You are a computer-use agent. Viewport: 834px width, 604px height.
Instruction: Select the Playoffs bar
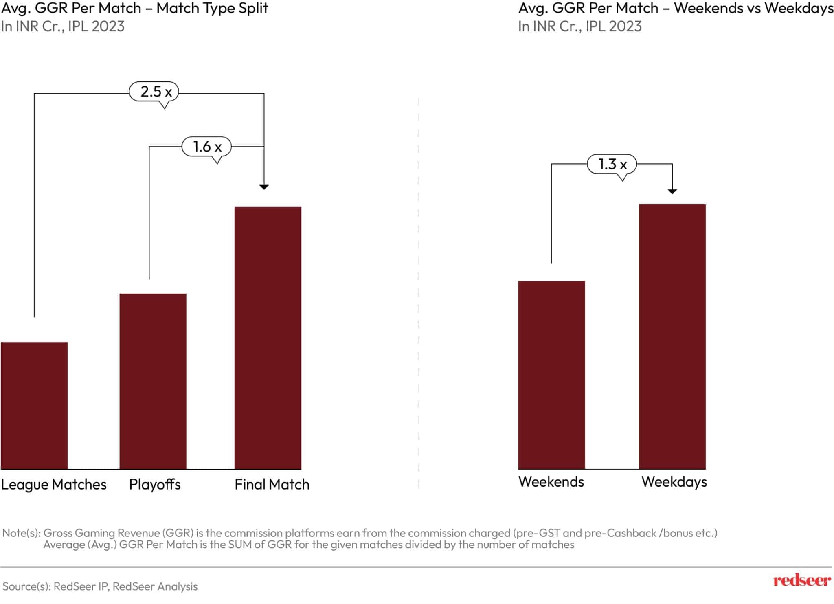tap(153, 381)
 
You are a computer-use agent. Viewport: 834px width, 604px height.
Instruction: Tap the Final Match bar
tap(268, 338)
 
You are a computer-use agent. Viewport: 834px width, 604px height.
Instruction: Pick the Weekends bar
tap(551, 375)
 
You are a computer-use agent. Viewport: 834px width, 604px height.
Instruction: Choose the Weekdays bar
tap(672, 336)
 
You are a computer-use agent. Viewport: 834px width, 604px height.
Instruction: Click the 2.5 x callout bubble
tap(154, 92)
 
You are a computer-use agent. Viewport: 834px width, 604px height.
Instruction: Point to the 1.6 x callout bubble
tap(206, 147)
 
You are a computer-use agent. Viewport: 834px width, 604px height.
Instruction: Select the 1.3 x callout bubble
tap(612, 164)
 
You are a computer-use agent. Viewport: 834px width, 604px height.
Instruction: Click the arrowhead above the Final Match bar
tap(264, 187)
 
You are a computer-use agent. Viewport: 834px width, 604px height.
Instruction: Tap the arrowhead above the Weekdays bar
tap(672, 191)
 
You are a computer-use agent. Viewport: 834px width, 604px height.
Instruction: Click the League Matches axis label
tap(53, 484)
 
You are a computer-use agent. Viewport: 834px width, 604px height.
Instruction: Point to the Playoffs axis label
tap(155, 484)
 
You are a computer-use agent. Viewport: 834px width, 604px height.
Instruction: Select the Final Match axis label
tap(272, 484)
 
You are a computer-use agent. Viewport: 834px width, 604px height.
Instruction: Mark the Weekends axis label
tap(551, 482)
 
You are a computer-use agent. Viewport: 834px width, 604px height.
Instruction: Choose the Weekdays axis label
tap(674, 482)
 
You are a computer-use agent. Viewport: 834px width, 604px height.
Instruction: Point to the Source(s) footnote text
tap(100, 586)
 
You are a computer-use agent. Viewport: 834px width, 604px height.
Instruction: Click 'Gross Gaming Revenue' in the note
tap(102, 533)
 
